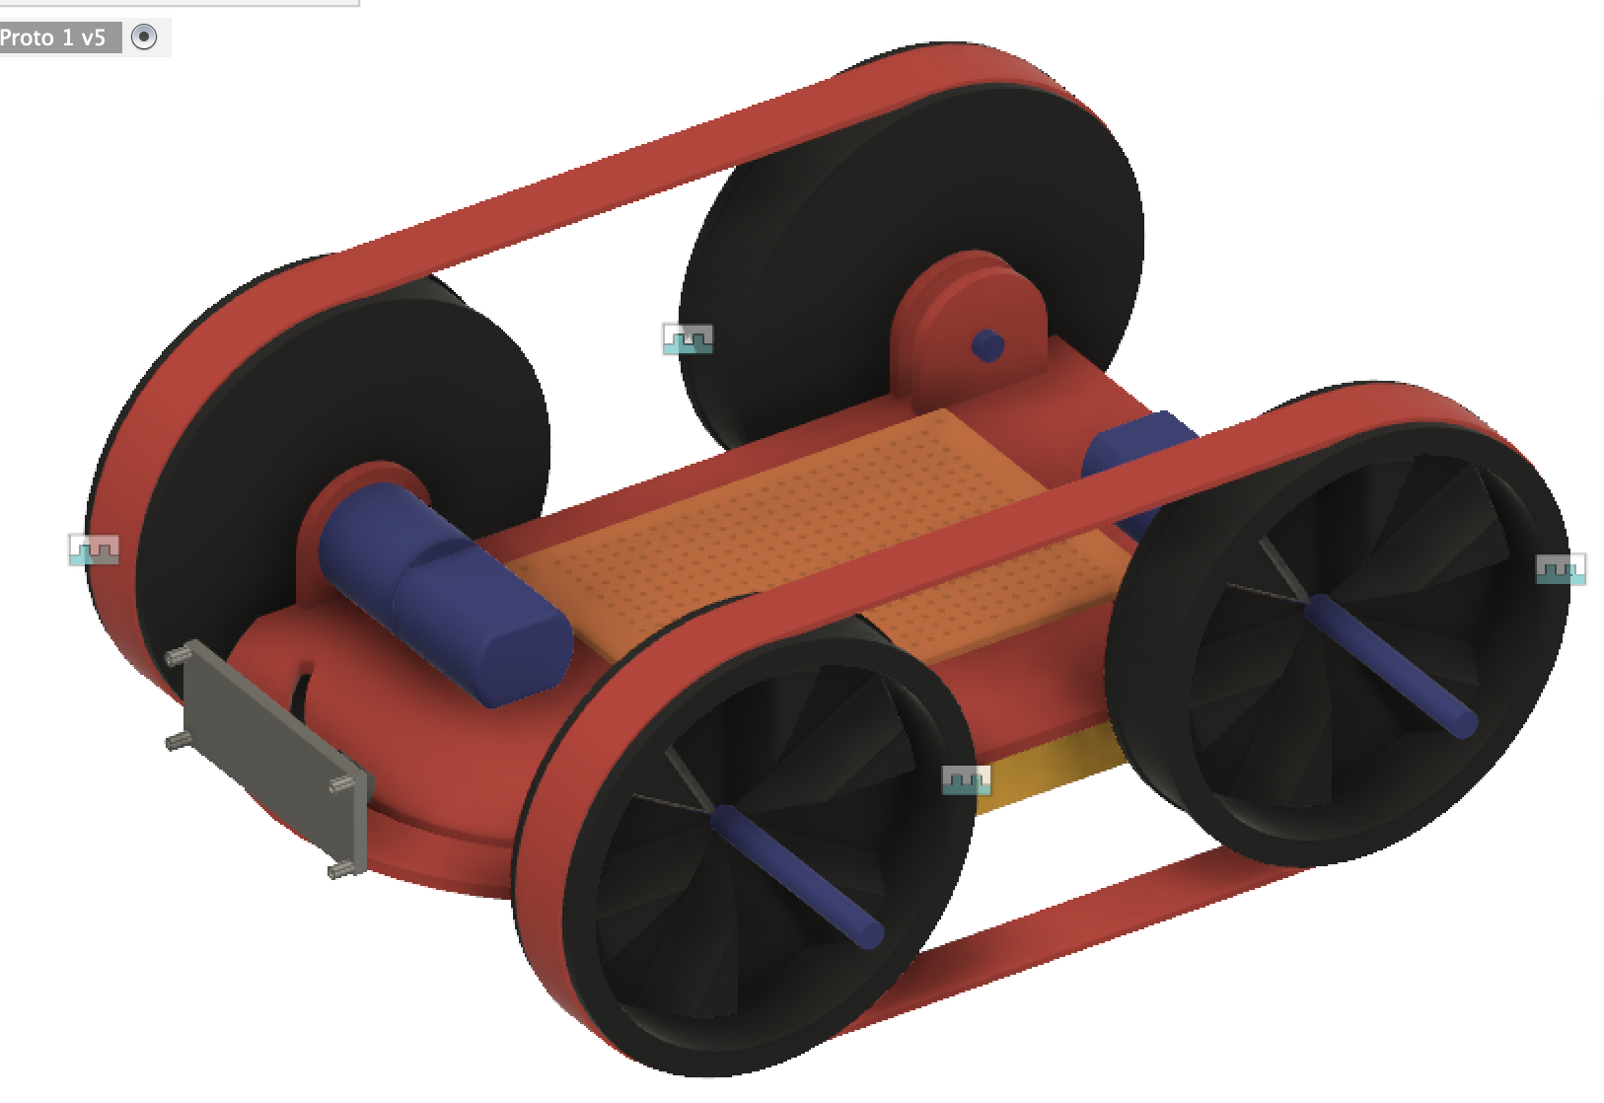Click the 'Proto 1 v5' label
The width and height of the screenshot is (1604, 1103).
53,37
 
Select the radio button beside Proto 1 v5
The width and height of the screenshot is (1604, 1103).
144,37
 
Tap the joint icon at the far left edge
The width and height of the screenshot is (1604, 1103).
94,550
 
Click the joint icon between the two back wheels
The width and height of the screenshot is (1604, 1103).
688,338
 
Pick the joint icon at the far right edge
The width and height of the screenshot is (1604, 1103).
1561,569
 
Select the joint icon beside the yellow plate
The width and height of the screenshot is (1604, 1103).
966,780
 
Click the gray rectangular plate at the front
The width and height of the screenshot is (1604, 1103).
276,756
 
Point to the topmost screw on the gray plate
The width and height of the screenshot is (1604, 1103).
179,655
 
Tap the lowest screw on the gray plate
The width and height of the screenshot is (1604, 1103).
341,869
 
